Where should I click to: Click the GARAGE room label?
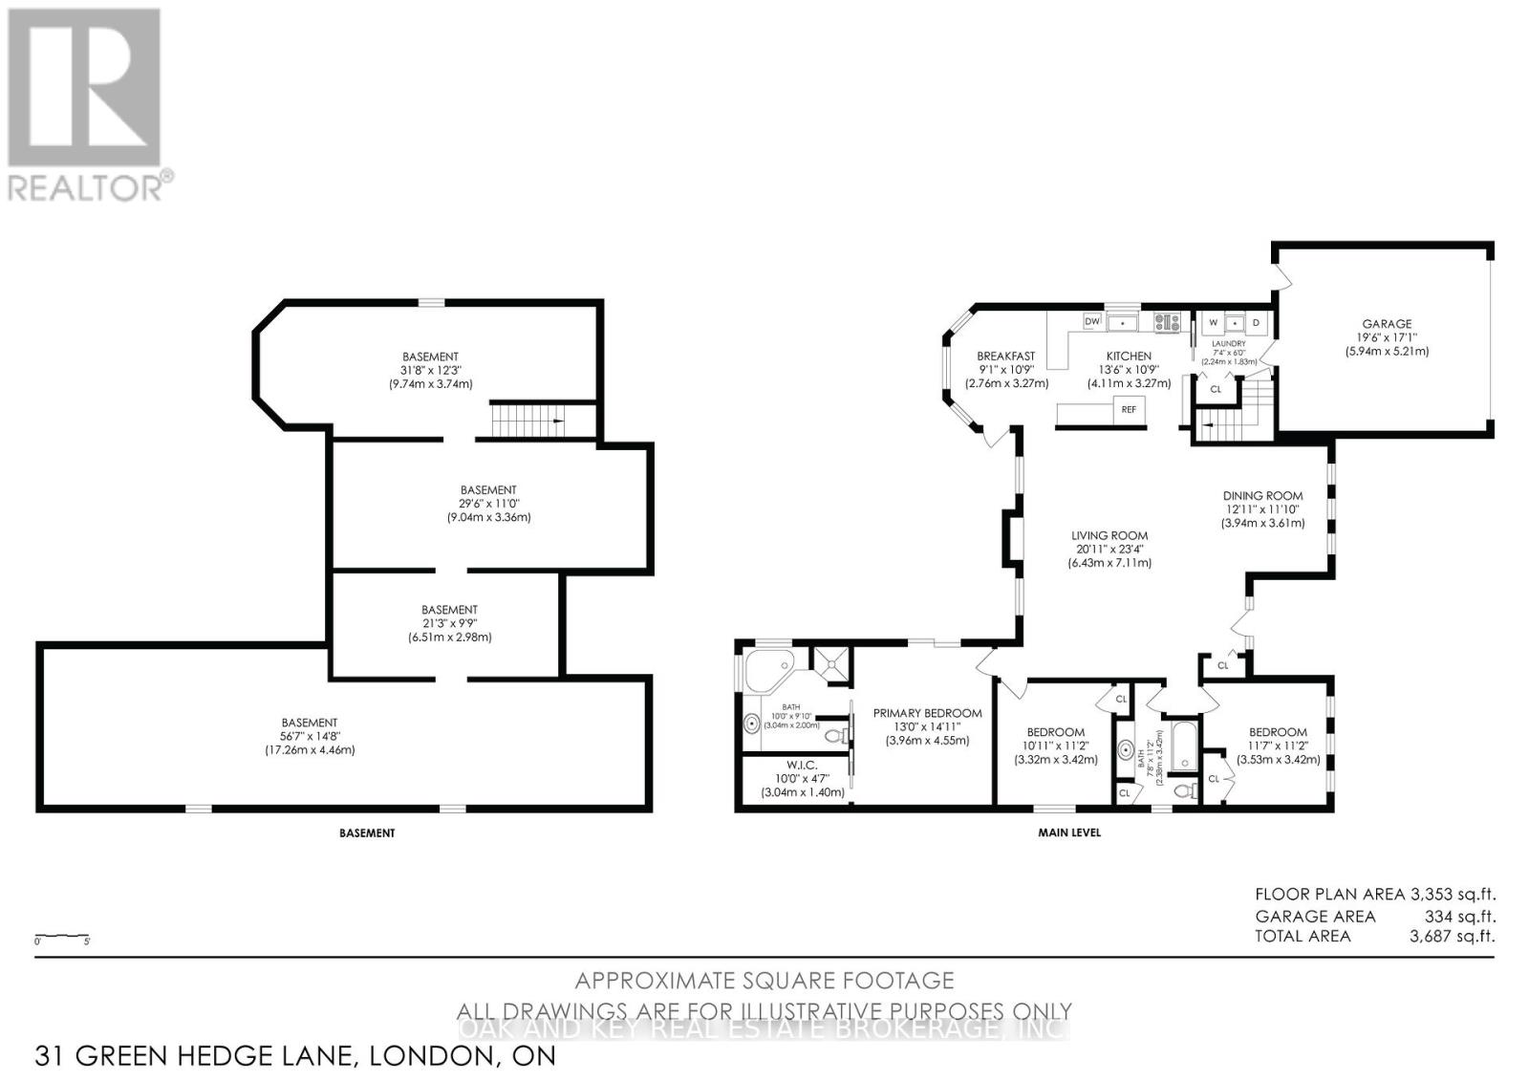[1386, 324]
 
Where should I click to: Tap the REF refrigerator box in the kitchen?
[1129, 409]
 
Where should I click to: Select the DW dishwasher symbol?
[1092, 321]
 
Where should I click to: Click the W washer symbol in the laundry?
[1213, 323]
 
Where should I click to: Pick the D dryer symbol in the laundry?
[1257, 323]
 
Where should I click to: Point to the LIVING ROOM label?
[1109, 536]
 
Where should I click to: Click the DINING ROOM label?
[1262, 496]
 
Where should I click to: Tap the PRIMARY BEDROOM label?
[927, 713]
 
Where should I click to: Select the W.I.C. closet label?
[802, 764]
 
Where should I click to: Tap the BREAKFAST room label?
[1005, 357]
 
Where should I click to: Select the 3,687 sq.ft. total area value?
[1452, 936]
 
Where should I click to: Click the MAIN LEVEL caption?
[1069, 832]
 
